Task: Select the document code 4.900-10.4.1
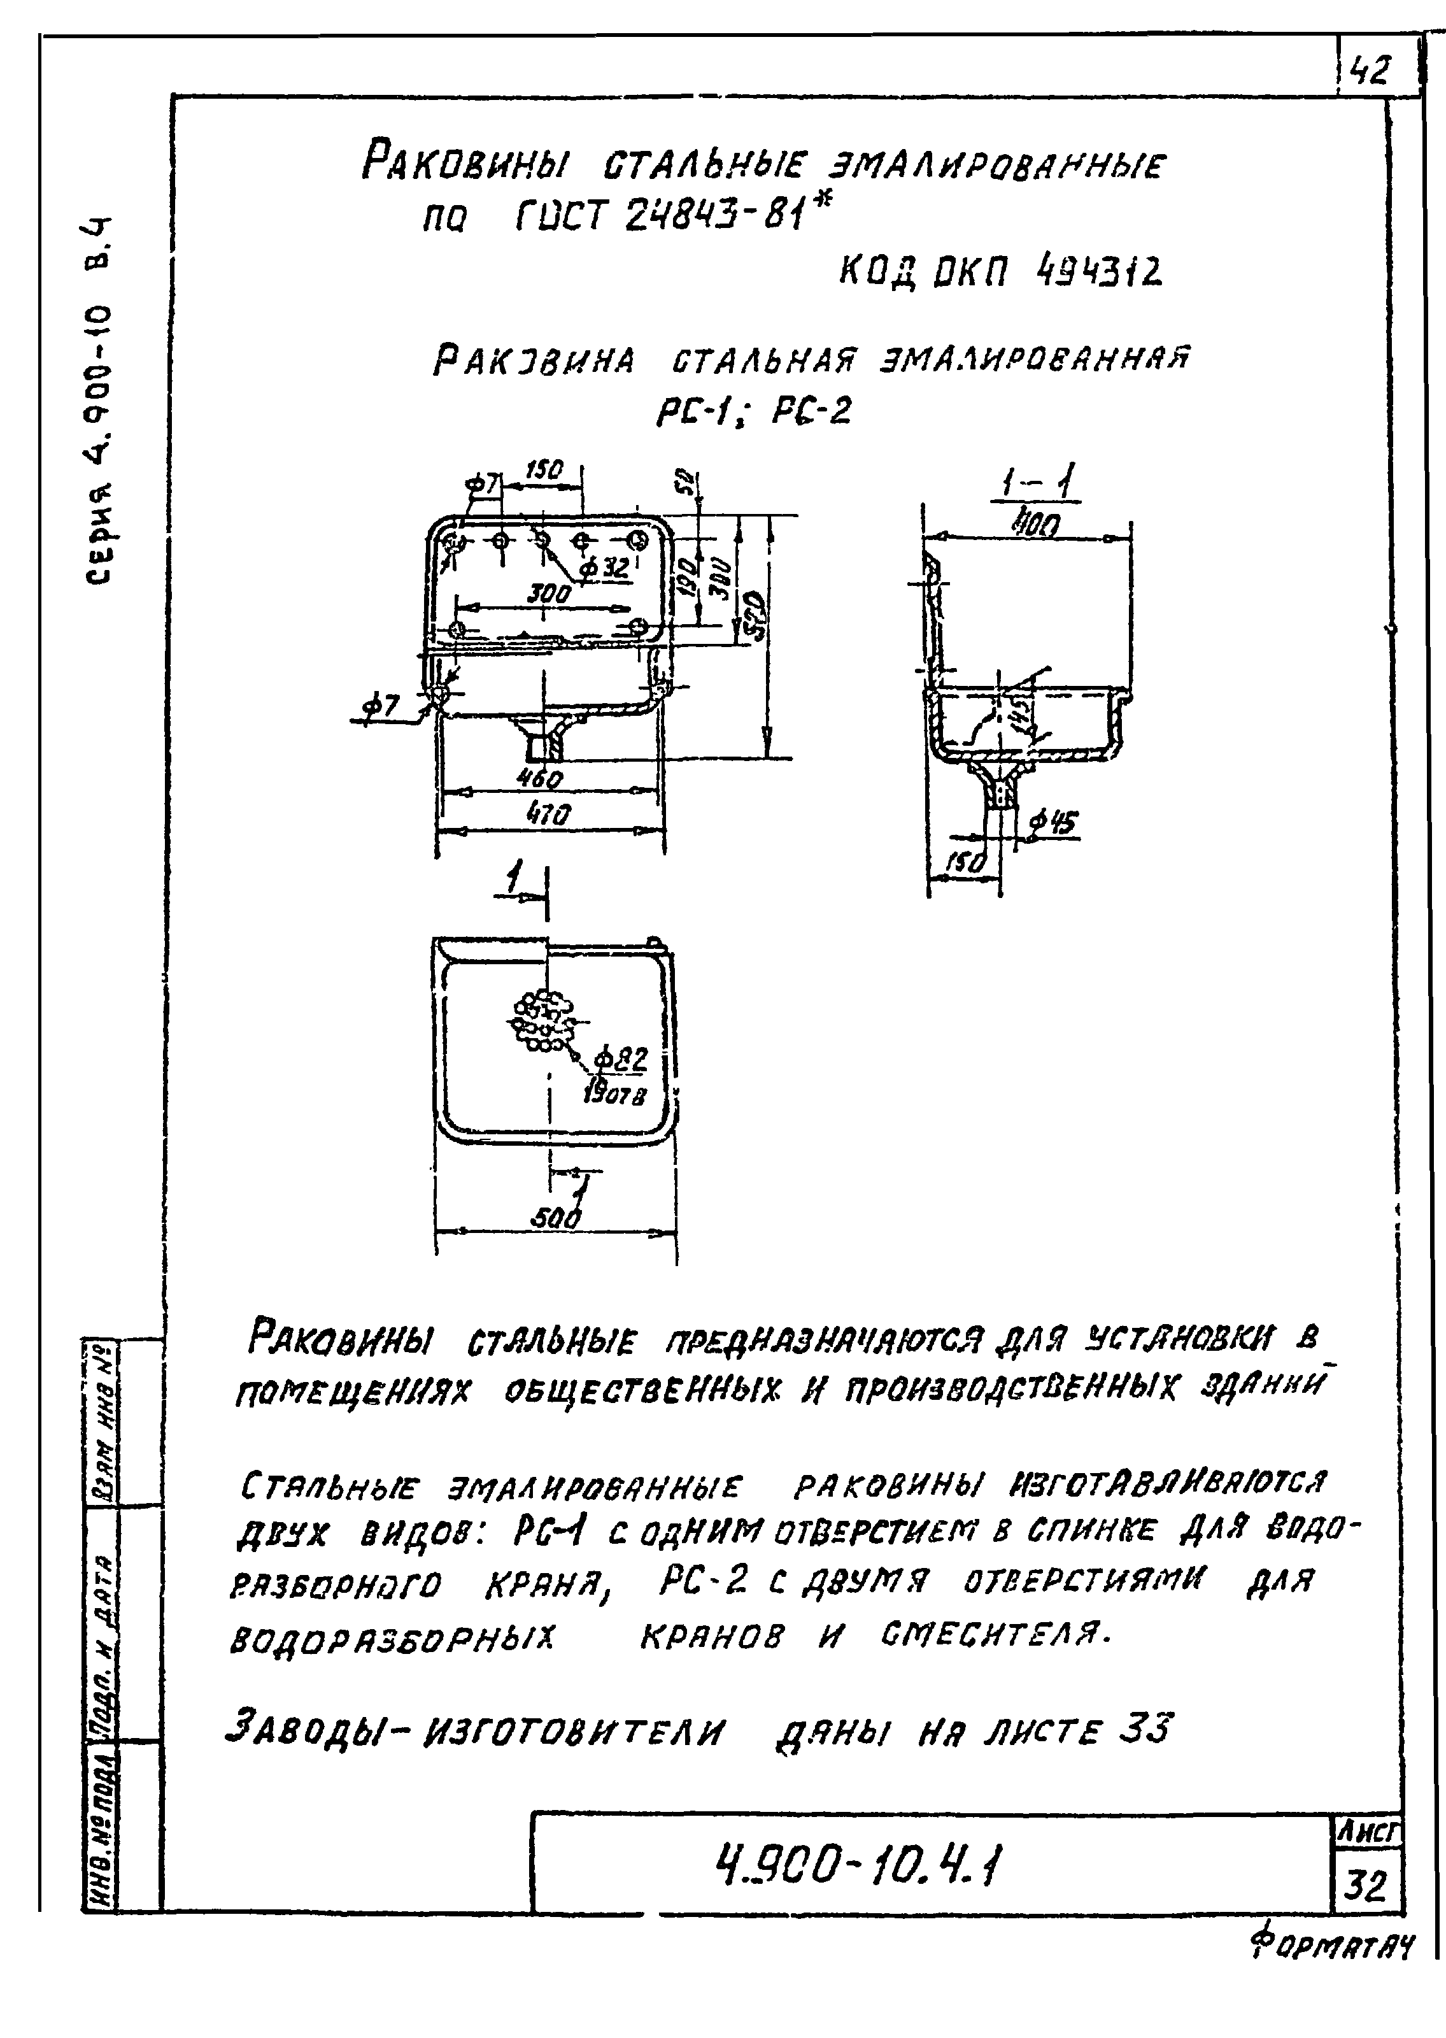pos(858,1866)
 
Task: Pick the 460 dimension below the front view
pos(539,778)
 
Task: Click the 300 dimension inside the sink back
pos(548,593)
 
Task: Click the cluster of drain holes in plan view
pos(539,1020)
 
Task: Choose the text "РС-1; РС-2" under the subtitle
pos(753,411)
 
